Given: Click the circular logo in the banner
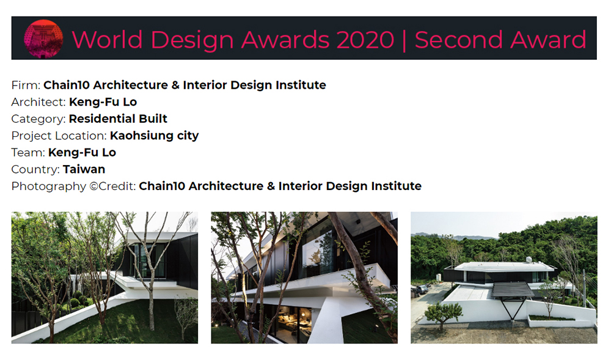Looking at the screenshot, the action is click(x=43, y=39).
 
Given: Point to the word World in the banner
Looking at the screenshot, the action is click(x=107, y=40).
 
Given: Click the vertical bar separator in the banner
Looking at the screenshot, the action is click(x=404, y=40).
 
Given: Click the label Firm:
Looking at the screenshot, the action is click(x=26, y=85).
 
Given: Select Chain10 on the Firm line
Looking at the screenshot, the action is click(x=66, y=85).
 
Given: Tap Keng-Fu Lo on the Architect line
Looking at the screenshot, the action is click(x=103, y=102).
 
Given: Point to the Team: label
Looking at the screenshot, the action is click(x=28, y=152).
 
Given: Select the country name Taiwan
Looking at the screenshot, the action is click(x=84, y=169).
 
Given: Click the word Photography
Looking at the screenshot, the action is click(x=48, y=186).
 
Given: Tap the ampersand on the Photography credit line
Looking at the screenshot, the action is click(x=271, y=186).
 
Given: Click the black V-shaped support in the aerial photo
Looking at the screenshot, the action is click(x=513, y=307).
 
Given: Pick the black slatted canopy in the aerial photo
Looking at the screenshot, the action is click(x=512, y=290).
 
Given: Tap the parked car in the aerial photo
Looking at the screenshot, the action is click(x=421, y=290).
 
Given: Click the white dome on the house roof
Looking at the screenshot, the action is click(x=529, y=259).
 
